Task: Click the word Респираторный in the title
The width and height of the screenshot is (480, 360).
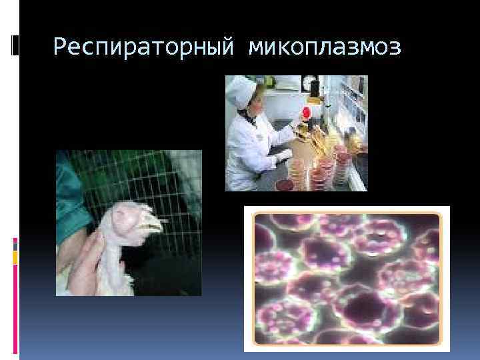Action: (x=145, y=47)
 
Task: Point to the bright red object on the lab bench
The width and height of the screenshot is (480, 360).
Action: (x=307, y=113)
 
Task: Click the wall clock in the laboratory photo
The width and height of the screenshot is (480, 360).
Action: (x=309, y=83)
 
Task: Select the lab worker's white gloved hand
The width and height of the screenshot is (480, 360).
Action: (x=283, y=155)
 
